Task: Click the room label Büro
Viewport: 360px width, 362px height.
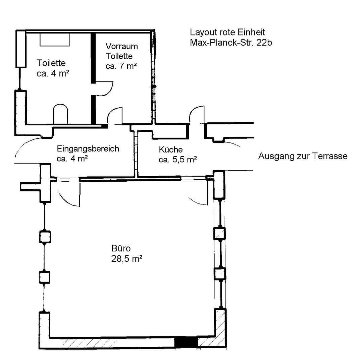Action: click(120, 249)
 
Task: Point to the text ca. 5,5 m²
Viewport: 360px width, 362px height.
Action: click(177, 160)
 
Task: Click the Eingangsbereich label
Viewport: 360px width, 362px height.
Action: click(88, 148)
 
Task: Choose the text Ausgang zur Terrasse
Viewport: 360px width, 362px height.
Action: click(303, 156)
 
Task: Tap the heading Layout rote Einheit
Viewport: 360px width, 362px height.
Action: click(227, 33)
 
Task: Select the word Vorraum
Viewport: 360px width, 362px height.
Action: click(121, 46)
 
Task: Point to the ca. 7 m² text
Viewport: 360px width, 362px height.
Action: click(121, 66)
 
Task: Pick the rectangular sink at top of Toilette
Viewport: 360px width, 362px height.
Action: click(55, 40)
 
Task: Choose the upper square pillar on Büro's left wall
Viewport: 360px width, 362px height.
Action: click(45, 237)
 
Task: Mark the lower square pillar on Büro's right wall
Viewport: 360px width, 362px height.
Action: click(220, 274)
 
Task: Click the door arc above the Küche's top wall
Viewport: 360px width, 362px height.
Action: click(197, 114)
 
